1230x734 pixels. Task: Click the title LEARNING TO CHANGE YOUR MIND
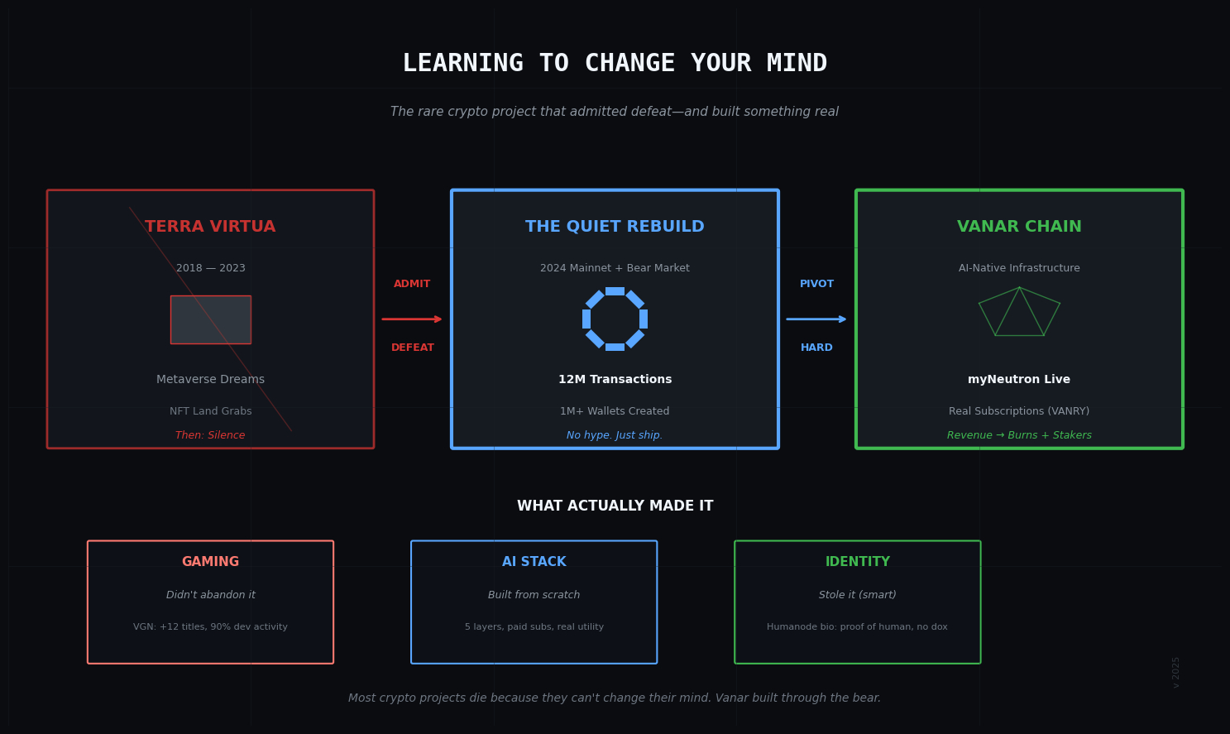(615, 64)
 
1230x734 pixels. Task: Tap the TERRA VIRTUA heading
(210, 227)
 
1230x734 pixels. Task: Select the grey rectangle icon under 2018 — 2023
(210, 319)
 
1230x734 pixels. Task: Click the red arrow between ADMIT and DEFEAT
(412, 319)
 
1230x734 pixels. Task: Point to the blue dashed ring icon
(615, 319)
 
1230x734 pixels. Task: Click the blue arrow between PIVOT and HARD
(816, 319)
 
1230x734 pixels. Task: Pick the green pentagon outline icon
(1019, 313)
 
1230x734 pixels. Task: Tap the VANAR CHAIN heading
(1019, 227)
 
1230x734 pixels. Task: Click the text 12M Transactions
(615, 380)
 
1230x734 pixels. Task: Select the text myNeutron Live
(1019, 380)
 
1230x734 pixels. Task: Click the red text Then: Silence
(210, 435)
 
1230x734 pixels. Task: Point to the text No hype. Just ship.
(615, 435)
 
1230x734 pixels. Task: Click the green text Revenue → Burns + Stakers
(1019, 435)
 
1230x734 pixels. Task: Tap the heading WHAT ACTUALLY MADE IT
(615, 506)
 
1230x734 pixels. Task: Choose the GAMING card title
(210, 562)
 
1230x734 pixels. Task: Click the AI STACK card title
(534, 562)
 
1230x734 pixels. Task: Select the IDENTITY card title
(858, 562)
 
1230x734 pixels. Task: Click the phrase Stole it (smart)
(858, 595)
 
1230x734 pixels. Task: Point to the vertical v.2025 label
(1176, 672)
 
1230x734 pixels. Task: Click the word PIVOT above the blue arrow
(816, 284)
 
